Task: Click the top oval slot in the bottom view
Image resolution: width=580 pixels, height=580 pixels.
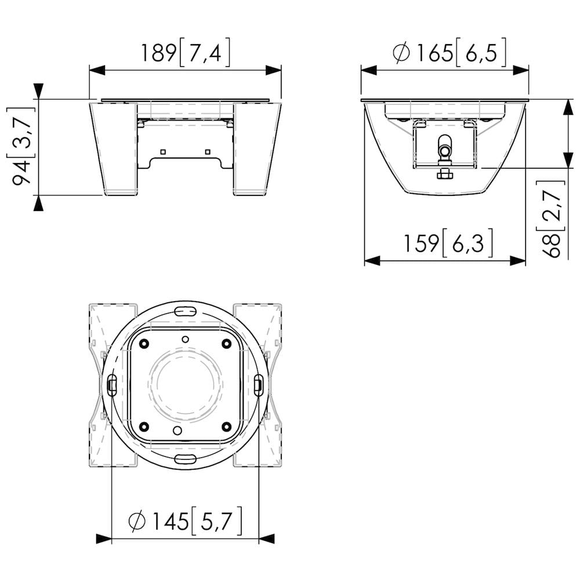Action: coord(185,311)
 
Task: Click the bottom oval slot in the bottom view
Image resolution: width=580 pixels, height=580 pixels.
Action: coord(185,459)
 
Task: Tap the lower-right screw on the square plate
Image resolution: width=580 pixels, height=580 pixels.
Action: coord(226,427)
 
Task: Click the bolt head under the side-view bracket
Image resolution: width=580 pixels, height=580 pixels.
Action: coord(444,173)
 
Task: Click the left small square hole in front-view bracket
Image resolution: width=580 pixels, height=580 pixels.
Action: coord(163,152)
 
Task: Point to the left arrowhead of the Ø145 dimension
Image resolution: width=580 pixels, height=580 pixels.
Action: coord(104,539)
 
